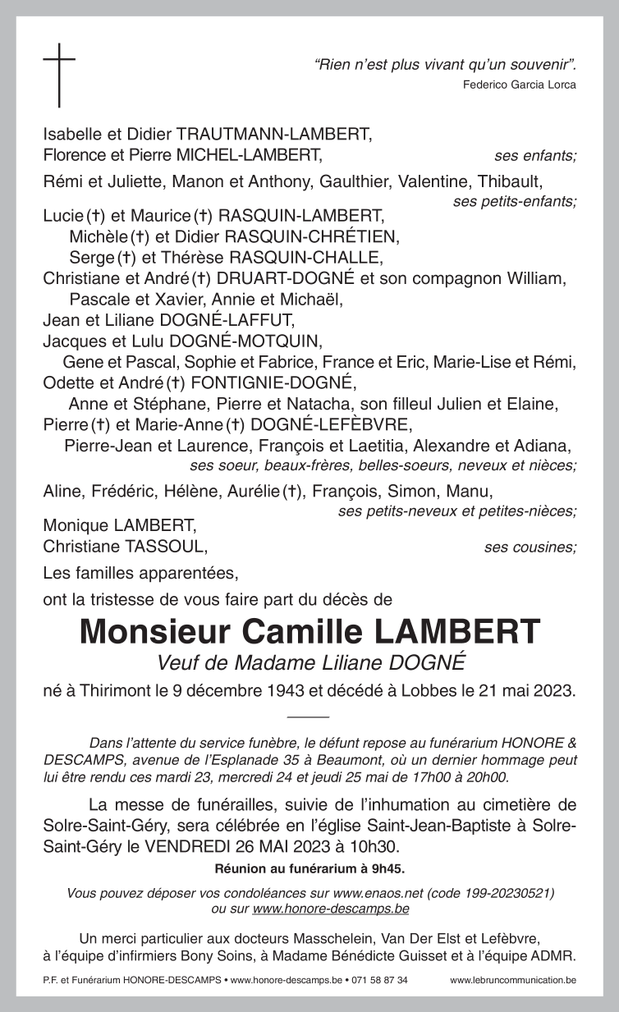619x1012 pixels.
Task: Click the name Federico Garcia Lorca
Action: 519,85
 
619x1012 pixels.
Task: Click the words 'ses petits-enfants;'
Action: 515,201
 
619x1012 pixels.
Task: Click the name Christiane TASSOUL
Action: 125,546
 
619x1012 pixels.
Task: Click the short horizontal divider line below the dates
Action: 309,717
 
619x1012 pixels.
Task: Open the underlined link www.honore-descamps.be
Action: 331,908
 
